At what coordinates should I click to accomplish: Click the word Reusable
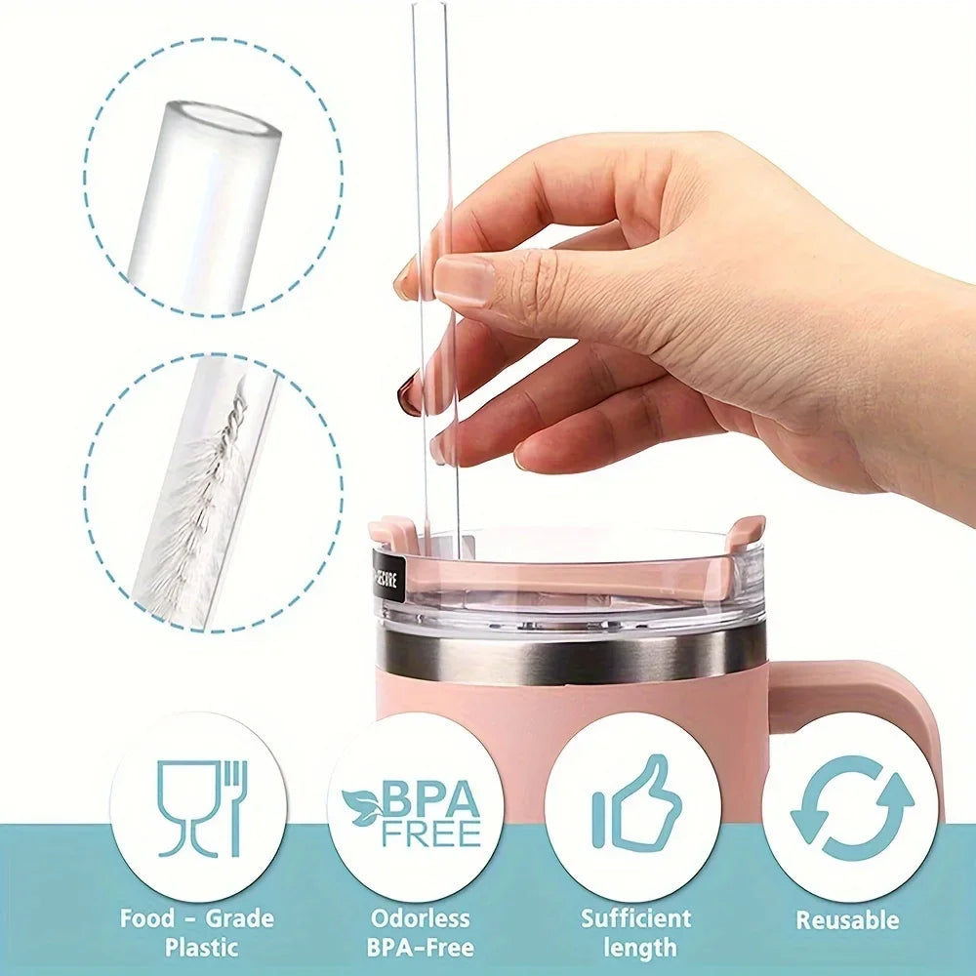[847, 919]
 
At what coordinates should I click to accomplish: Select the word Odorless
[420, 918]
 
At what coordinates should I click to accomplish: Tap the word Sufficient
[636, 918]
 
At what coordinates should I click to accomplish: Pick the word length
[639, 947]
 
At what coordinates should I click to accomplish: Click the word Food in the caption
[145, 918]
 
